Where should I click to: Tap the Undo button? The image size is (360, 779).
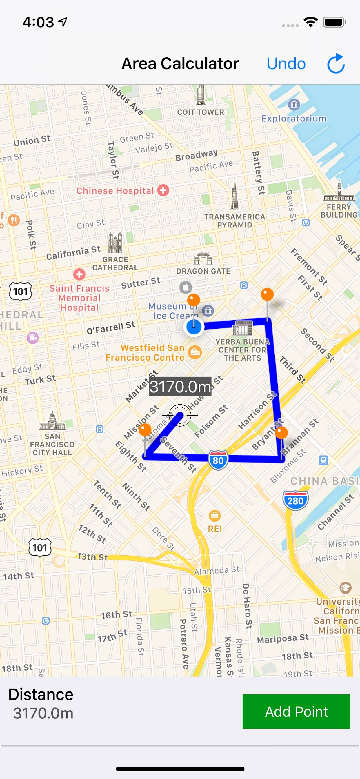point(286,64)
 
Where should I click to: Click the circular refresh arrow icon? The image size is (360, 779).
point(336,64)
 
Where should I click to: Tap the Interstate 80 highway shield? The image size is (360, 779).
point(218,460)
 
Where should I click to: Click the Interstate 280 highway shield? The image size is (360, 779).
point(295,501)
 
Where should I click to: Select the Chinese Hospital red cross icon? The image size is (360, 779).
point(163,190)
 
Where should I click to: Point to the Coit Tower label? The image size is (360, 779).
point(201,112)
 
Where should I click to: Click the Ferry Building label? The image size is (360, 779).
point(339,211)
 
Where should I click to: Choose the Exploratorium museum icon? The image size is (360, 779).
point(294,105)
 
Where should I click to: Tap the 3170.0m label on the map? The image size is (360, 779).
point(180,387)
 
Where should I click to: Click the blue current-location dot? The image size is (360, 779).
point(194,327)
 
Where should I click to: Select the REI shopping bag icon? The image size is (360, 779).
point(214,516)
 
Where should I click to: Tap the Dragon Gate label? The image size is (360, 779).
point(203,271)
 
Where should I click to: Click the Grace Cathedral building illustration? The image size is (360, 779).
point(115,243)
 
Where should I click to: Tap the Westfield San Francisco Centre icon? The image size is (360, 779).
point(195,352)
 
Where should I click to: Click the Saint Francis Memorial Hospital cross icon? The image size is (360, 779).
point(79,274)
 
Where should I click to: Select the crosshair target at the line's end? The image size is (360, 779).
point(180,415)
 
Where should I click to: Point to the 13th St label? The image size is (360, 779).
point(92,557)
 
